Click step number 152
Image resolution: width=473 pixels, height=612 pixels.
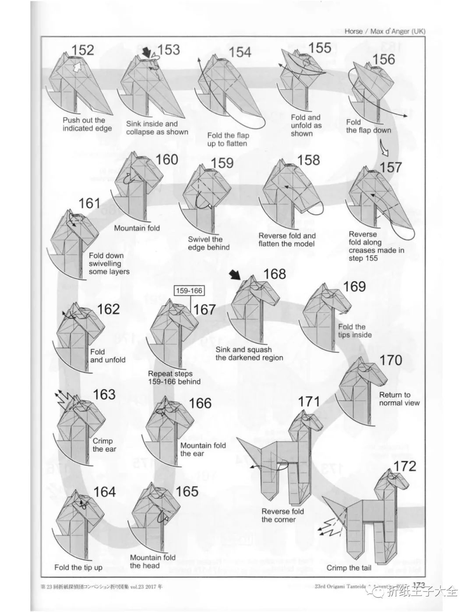tap(83, 50)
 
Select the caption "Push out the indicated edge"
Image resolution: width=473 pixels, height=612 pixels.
tap(86, 124)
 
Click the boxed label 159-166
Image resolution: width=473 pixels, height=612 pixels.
tap(189, 290)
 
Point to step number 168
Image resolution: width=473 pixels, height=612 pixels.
tap(274, 274)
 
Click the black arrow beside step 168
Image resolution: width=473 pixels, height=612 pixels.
tap(235, 275)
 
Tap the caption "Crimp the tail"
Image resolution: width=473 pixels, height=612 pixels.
tap(349, 568)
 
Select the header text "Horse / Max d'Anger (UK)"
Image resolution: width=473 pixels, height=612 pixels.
tap(385, 31)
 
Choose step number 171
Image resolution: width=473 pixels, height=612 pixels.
tap(309, 401)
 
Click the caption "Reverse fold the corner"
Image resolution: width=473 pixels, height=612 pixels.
tap(282, 515)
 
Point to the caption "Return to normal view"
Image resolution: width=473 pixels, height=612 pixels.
tap(399, 399)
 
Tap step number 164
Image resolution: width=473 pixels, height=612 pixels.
tap(105, 492)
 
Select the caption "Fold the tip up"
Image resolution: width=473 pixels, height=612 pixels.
tap(78, 567)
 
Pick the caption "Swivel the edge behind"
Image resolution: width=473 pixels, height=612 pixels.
tap(208, 243)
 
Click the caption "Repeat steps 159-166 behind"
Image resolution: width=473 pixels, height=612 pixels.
tap(174, 378)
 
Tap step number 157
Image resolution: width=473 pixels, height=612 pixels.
tap(391, 167)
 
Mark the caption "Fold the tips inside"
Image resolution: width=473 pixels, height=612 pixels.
tap(354, 331)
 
